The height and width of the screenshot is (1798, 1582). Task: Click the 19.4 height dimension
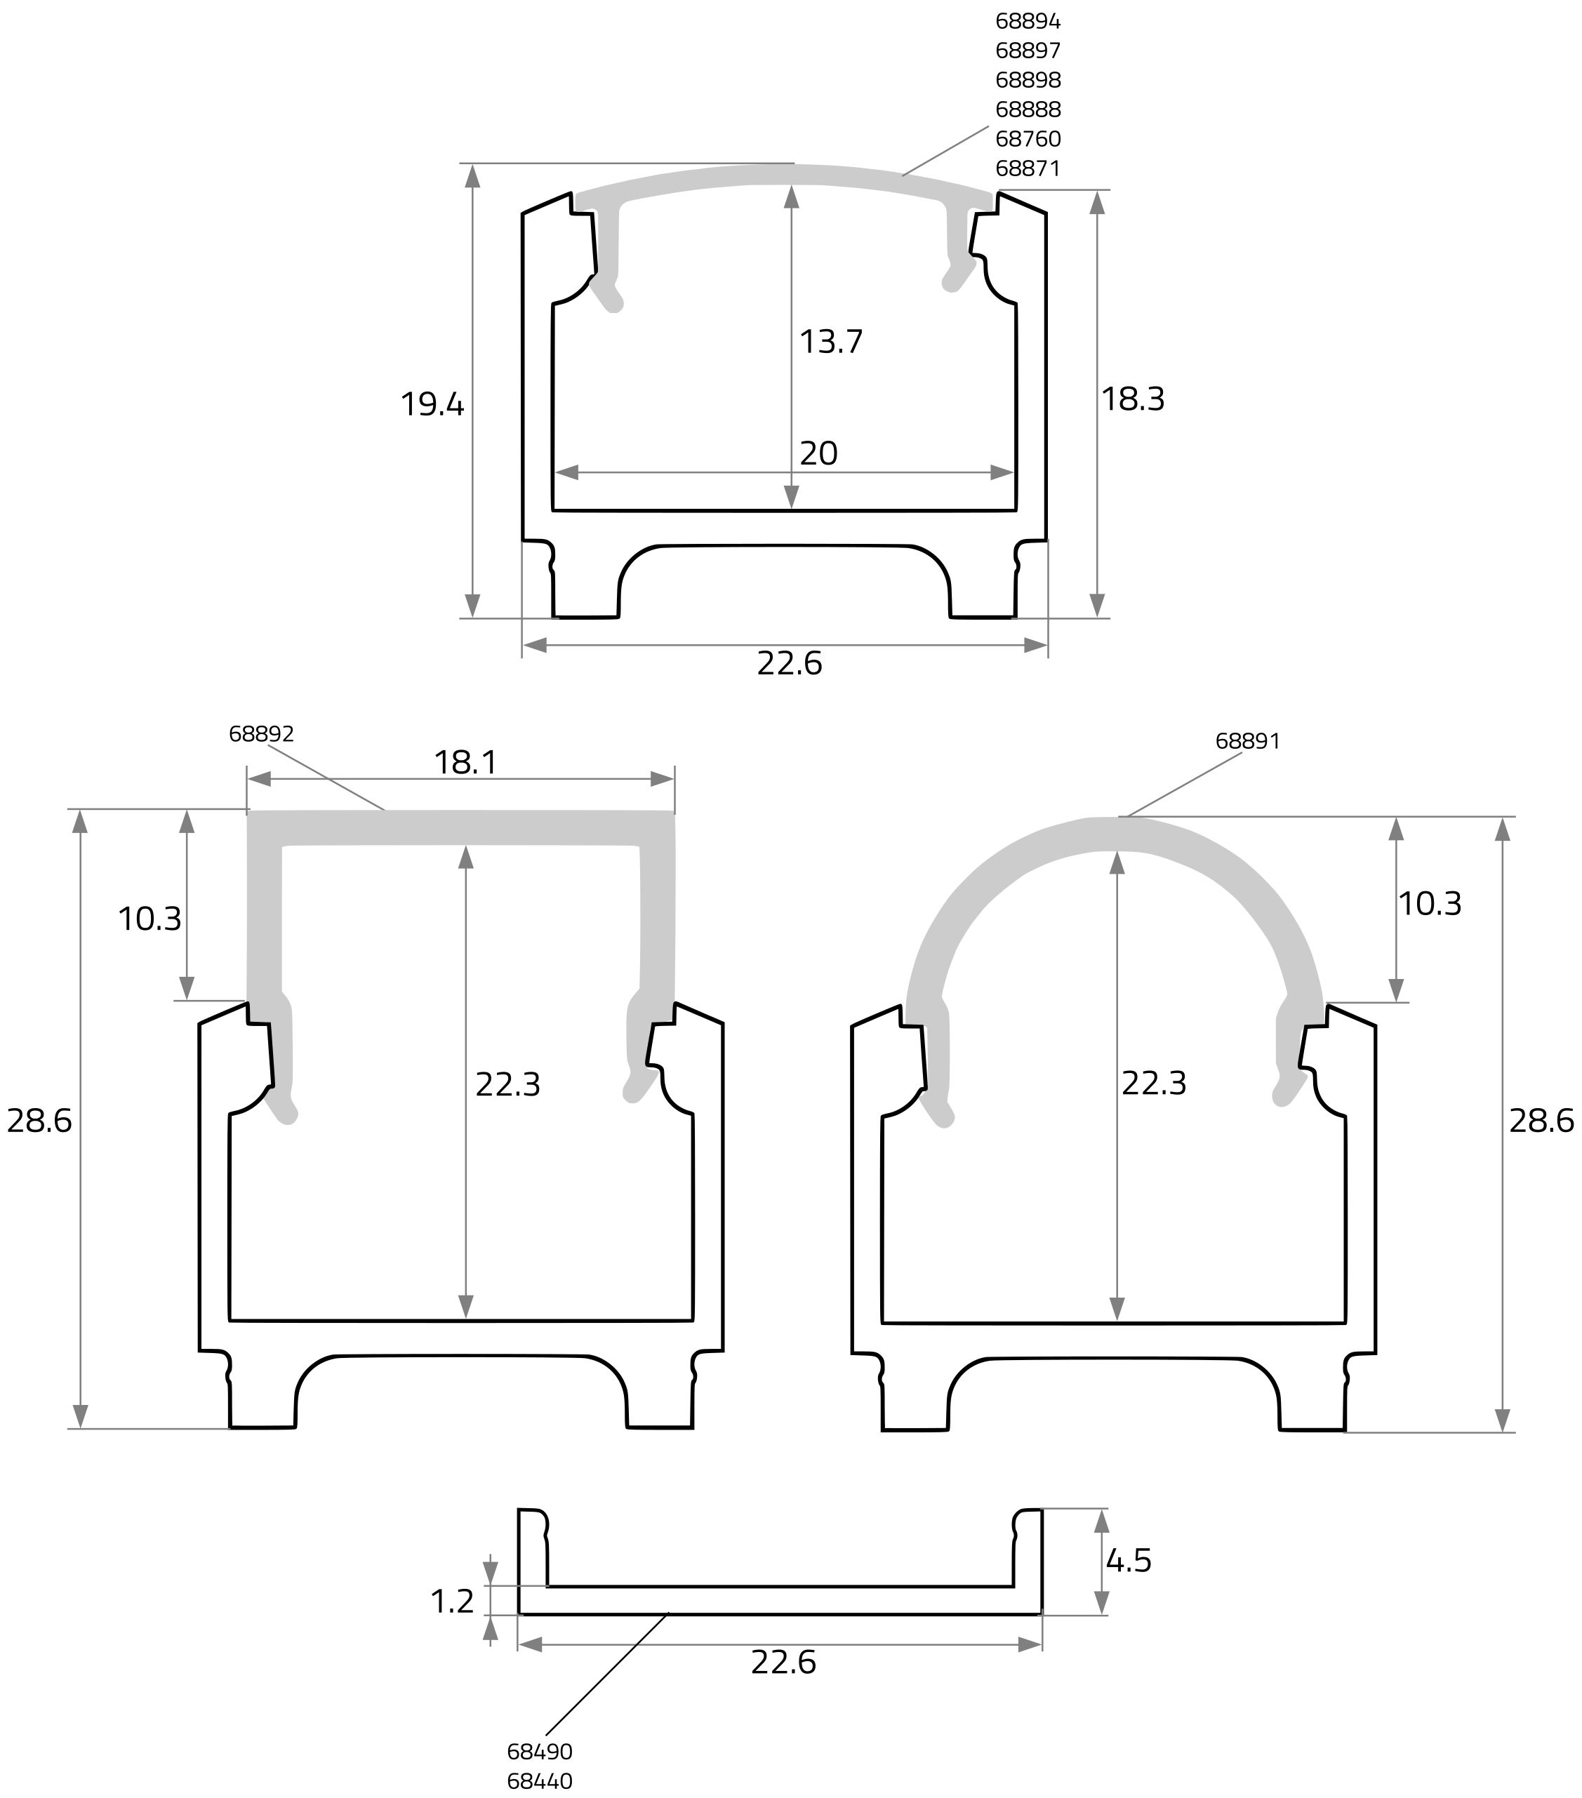432,405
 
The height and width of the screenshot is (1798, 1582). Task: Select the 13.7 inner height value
830,341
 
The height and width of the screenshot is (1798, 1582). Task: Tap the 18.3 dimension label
1134,399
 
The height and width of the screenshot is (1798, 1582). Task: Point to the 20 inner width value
818,453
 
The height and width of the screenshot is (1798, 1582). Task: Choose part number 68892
261,733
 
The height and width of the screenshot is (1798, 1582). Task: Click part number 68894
1028,20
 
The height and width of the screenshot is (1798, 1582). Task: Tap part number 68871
1028,168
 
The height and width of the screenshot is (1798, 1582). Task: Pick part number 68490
539,1752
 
